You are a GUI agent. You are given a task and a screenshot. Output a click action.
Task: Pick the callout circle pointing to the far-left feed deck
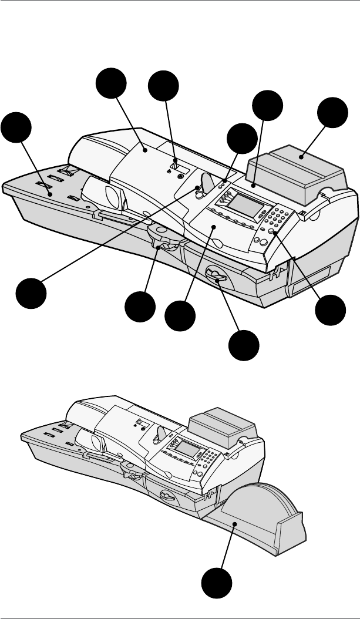pyautogui.click(x=16, y=129)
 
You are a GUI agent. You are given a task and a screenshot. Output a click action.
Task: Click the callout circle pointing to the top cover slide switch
pyautogui.click(x=163, y=88)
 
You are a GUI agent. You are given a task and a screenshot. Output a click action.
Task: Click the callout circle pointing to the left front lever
pyautogui.click(x=141, y=307)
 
